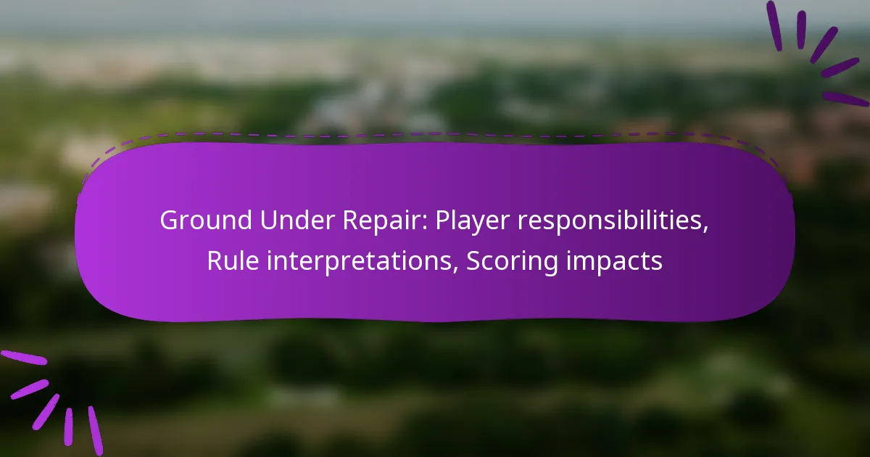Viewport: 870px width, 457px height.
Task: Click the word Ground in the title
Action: coord(206,221)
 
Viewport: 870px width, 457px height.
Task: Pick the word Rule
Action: coord(233,260)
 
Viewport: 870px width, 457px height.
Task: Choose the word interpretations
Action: coord(360,263)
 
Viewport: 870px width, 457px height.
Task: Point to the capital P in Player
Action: coord(443,221)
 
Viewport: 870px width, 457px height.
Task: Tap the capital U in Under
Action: coord(269,221)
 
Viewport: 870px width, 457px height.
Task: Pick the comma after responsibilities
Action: coord(705,231)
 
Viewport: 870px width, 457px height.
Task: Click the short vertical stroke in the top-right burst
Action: coord(801,30)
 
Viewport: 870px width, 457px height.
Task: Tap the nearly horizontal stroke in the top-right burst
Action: coord(845,99)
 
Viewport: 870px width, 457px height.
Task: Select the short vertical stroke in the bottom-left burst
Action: coord(69,427)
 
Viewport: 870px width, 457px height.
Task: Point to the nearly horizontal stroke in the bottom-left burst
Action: coord(24,358)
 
